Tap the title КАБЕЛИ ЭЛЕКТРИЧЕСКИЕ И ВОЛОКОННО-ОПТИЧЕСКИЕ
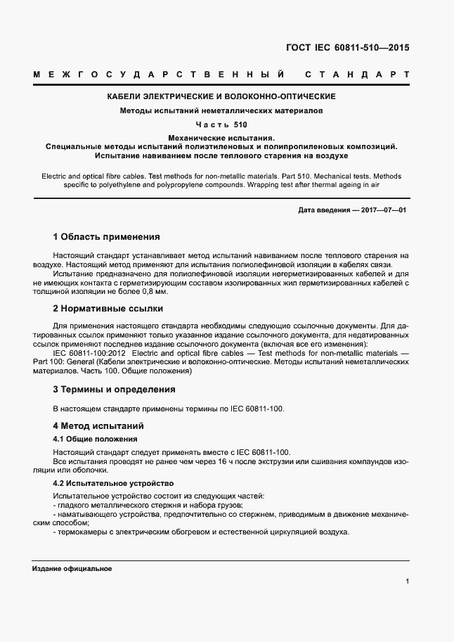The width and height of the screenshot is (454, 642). [220, 96]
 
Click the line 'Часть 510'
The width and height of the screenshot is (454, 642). [221, 124]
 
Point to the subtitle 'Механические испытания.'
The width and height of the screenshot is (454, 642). [221, 138]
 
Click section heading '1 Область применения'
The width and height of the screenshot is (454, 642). [106, 237]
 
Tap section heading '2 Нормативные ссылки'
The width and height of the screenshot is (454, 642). [108, 308]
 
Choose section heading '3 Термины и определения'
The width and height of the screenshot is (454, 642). [114, 389]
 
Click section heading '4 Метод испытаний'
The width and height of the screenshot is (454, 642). [98, 426]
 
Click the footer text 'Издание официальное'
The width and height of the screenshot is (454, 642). [72, 568]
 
